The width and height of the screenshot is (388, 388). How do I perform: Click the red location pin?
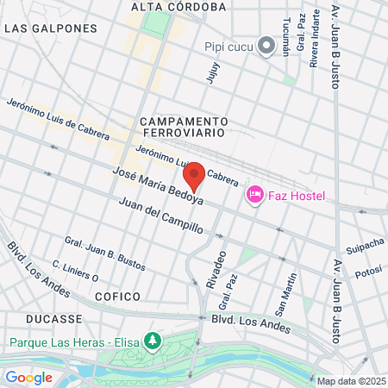pos(195,176)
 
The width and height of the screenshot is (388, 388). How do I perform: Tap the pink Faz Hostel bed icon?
pos(254,196)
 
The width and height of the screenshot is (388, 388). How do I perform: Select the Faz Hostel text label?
pos(295,197)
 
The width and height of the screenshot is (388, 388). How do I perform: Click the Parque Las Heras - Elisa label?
pos(76,341)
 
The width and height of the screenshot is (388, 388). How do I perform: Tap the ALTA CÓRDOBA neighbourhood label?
pos(178,7)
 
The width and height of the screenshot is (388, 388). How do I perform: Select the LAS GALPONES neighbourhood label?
pos(51,28)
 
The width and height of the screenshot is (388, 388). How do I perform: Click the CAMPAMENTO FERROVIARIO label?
pos(183,128)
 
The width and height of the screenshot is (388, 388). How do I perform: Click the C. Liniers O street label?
pos(75,272)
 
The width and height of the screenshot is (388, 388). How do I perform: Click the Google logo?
pos(29,377)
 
